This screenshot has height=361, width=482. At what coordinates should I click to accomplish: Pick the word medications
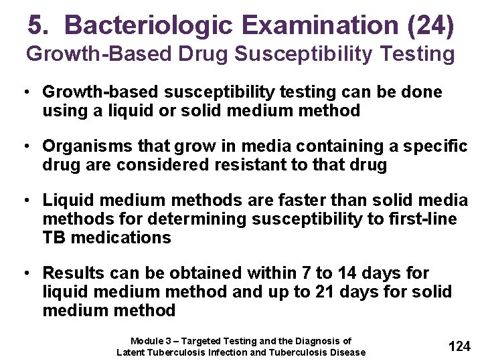(x=123, y=237)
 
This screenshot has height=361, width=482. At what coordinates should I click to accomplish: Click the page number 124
(x=459, y=346)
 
